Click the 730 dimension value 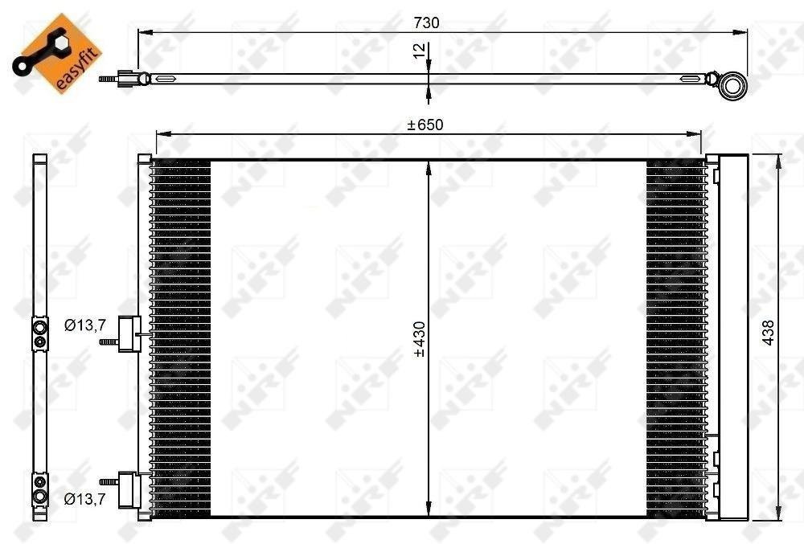pos(427,22)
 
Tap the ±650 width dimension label pos(425,125)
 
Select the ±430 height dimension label pos(420,338)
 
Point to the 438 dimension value pos(768,333)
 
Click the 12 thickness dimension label pos(419,51)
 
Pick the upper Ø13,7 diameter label pos(85,325)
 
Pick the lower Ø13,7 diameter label pos(85,498)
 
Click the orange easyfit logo pos(57,53)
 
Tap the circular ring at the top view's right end pos(732,85)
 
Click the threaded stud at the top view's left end pos(109,80)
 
